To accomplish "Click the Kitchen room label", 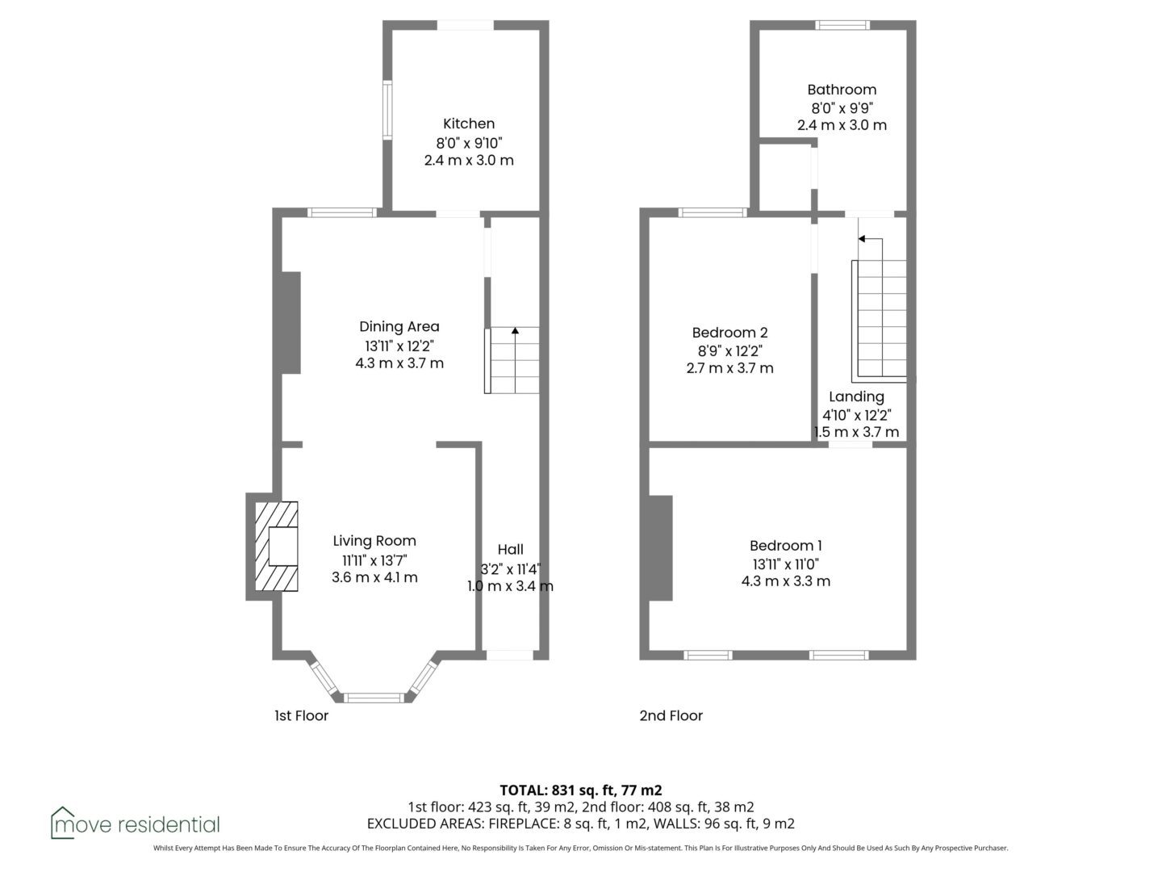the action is point(469,124).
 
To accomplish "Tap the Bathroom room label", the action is point(841,90).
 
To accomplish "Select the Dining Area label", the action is point(399,327).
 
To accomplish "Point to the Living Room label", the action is point(374,541).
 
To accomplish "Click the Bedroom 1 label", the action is point(786,545).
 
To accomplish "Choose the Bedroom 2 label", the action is point(729,333).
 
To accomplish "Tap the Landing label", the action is point(856,397).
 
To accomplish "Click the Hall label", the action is point(510,550).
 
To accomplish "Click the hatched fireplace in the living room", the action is point(276,546).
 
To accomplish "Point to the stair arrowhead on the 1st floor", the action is point(515,330).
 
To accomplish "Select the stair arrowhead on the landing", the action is point(861,239).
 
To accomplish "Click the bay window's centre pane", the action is point(374,698).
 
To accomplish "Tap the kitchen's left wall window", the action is point(387,110).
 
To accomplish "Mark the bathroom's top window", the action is point(842,25).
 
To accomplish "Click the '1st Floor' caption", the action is point(301,716).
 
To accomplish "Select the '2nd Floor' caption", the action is point(671,716).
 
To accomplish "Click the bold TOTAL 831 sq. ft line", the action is point(581,790).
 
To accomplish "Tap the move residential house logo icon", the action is point(62,824).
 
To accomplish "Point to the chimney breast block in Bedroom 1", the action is point(661,548).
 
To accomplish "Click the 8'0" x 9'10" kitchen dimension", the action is point(469,143).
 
